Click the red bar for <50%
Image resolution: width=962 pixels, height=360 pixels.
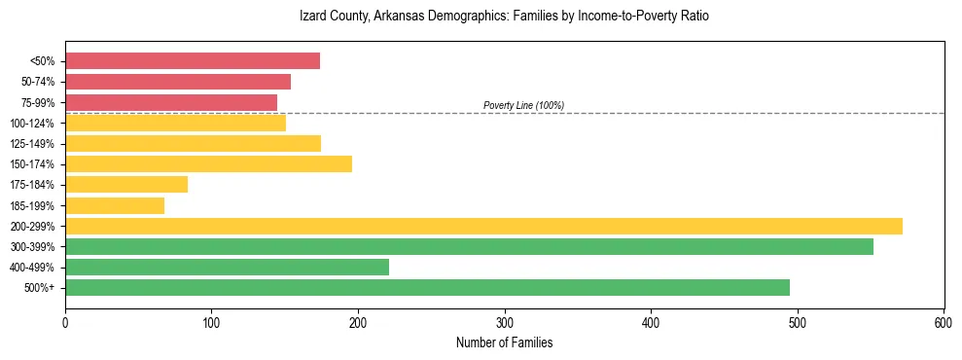click(193, 61)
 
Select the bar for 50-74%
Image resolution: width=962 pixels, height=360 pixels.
click(178, 82)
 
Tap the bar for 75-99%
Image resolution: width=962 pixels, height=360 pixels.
click(171, 102)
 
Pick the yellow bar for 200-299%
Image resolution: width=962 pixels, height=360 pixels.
click(483, 226)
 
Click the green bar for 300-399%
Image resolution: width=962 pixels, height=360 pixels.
click(469, 246)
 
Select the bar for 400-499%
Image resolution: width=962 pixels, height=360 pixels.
click(227, 267)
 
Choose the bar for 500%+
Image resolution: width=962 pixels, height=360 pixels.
click(427, 287)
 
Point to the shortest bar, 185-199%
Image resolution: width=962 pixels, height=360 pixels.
click(115, 205)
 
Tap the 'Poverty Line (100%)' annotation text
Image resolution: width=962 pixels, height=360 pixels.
click(523, 105)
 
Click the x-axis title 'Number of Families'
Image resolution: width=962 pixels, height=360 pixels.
click(504, 343)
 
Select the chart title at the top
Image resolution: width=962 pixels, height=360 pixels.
click(504, 17)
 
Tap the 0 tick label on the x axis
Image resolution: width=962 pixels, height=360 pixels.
click(65, 322)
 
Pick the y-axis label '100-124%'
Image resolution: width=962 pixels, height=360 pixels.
click(32, 124)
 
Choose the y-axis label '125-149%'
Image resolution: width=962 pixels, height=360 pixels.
click(32, 144)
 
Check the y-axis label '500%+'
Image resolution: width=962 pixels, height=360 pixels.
click(39, 288)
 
